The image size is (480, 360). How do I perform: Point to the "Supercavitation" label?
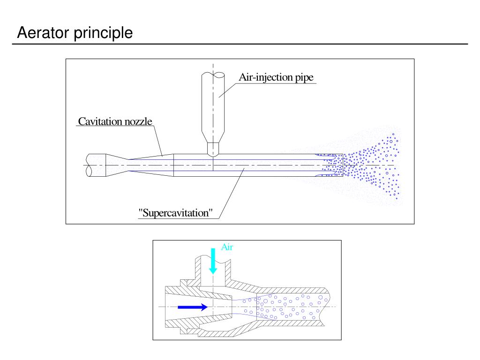[x=176, y=212]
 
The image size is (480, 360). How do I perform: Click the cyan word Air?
[x=227, y=247]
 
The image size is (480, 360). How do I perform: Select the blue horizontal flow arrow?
[x=193, y=307]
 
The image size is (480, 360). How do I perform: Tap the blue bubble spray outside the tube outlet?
[x=375, y=166]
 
